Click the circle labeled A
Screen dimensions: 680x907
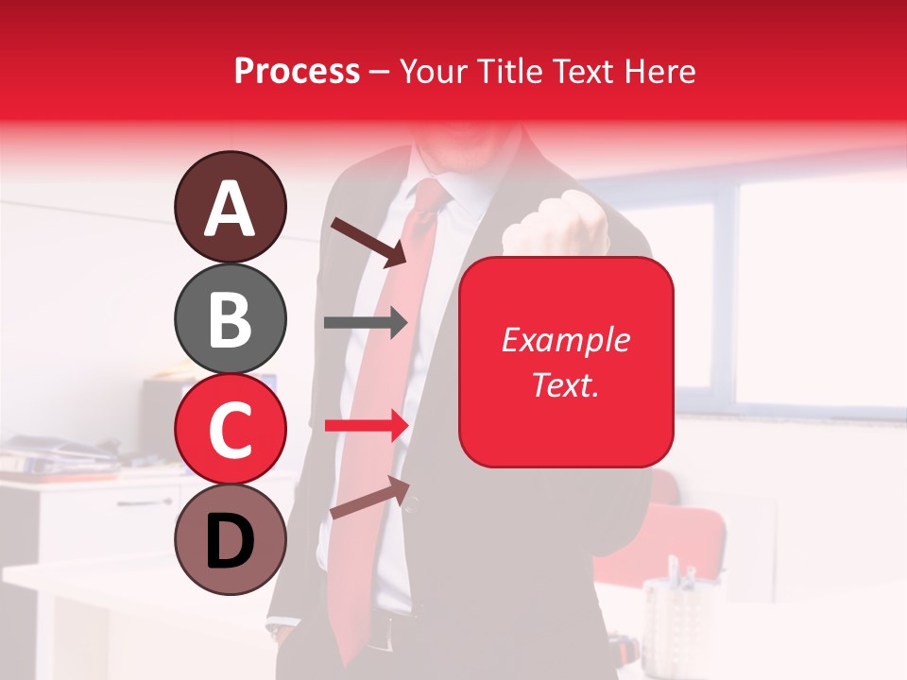click(230, 207)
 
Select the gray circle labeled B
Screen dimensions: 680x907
click(230, 318)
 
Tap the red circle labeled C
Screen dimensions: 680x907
click(230, 430)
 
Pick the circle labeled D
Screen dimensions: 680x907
click(230, 541)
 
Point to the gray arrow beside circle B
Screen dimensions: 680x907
click(365, 322)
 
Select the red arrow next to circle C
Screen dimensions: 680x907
click(365, 427)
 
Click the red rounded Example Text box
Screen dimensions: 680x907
click(566, 362)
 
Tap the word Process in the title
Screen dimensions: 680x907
click(297, 71)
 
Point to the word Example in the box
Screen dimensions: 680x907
click(566, 340)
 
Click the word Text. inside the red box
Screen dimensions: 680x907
click(566, 384)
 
